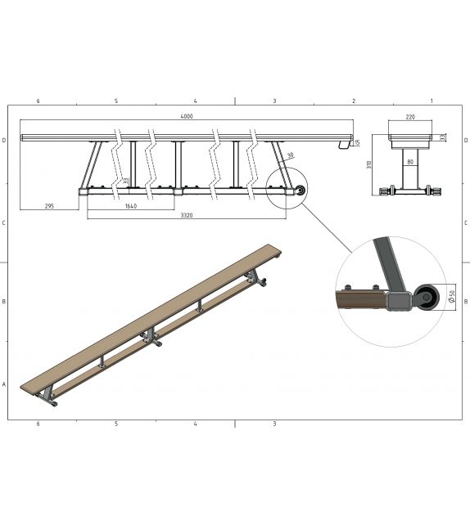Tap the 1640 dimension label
pyautogui.click(x=130, y=206)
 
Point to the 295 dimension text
pyautogui.click(x=51, y=206)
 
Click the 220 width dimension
pyautogui.click(x=409, y=118)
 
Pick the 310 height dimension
pyautogui.click(x=370, y=164)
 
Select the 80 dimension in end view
pyautogui.click(x=409, y=161)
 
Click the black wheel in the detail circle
pyautogui.click(x=425, y=300)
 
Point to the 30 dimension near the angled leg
pyautogui.click(x=289, y=155)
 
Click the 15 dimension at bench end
pyautogui.click(x=356, y=143)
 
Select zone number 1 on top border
pyautogui.click(x=431, y=101)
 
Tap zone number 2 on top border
pyautogui.click(x=353, y=101)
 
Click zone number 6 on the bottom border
pyautogui.click(x=38, y=424)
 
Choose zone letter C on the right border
pyautogui.click(x=465, y=222)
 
